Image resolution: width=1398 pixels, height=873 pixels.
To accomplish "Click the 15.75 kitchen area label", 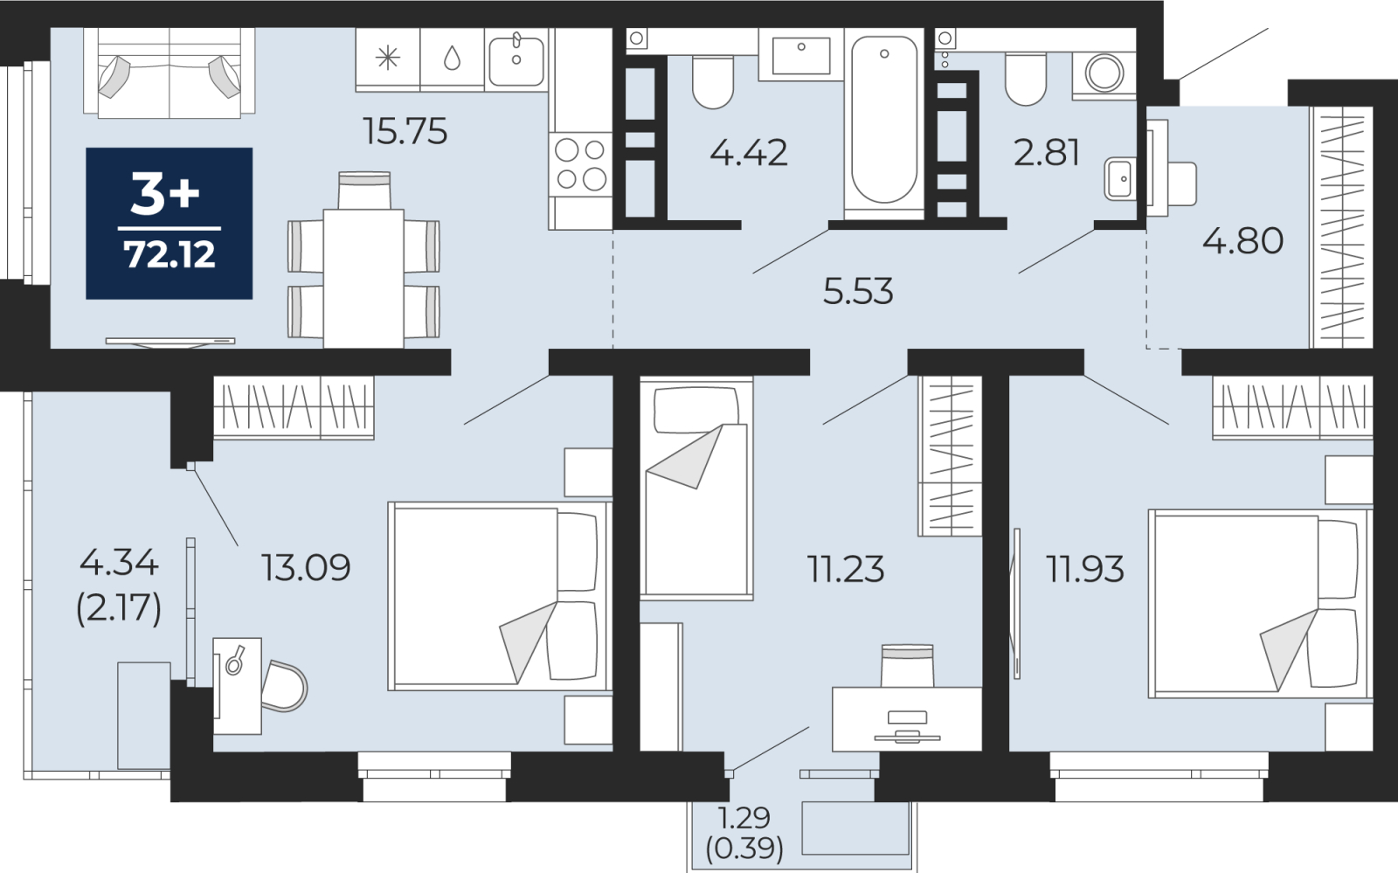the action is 405,132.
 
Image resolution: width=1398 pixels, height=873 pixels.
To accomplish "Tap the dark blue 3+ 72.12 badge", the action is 170,224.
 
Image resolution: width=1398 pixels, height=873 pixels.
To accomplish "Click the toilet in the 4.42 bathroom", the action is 713,81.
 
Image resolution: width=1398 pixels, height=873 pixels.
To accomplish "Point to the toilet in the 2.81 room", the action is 1026,79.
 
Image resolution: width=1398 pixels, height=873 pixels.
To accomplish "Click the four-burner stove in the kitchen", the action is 580,165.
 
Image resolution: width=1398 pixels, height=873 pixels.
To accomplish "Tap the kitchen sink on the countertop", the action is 516,60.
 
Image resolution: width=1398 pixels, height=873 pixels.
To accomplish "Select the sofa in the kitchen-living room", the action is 170,73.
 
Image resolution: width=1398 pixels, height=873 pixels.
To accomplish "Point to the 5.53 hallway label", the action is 858,291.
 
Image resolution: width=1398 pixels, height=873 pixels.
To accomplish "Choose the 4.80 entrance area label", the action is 1242,240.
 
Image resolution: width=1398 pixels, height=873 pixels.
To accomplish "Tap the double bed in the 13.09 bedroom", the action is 499,597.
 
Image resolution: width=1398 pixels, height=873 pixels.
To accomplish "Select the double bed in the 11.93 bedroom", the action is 1260,604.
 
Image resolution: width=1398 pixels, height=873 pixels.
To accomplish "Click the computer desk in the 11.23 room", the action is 907,719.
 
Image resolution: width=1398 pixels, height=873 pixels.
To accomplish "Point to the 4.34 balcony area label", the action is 119,565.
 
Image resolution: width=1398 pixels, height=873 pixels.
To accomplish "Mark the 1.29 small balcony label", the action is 744,817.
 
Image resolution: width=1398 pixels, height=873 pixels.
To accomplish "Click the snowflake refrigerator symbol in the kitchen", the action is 388,59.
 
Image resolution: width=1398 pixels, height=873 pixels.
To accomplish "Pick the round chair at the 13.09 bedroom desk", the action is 284,686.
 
